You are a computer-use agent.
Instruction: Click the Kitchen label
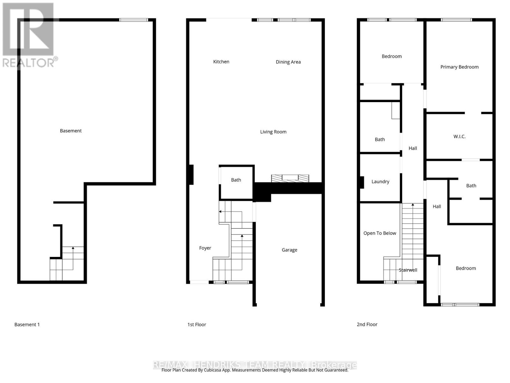221,62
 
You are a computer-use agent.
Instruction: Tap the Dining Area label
288,62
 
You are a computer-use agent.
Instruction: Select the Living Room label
273,131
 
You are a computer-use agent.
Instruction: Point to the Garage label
289,250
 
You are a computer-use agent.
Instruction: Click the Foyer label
205,248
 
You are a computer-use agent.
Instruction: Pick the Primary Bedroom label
459,67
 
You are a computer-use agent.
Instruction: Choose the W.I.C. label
459,136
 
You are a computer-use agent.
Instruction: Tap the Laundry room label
380,182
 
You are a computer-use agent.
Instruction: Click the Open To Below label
380,233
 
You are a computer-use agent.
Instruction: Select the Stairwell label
408,270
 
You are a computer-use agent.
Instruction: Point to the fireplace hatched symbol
290,178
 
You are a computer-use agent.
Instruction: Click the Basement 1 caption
27,325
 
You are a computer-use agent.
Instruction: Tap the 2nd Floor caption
367,325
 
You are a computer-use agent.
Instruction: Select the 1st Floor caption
197,325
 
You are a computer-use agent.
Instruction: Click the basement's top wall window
134,20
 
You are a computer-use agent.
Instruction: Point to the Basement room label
71,131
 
